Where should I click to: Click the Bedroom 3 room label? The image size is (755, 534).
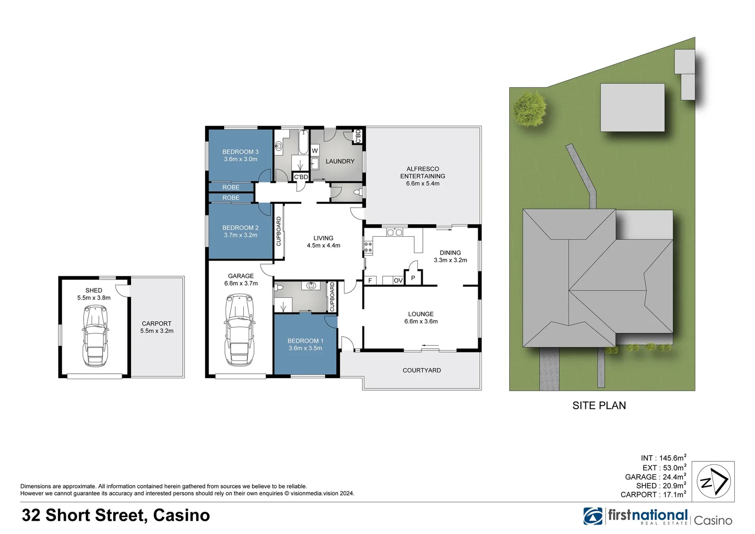[240, 152]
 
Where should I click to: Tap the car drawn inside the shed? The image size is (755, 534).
[95, 336]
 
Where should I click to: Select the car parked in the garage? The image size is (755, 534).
[240, 330]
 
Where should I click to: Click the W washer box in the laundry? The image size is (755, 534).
[314, 151]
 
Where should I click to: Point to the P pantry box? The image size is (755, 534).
[413, 278]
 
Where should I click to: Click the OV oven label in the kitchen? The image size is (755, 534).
[398, 280]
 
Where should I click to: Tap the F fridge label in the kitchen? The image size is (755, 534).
[370, 280]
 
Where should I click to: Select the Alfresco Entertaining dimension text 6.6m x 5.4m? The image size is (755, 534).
[423, 183]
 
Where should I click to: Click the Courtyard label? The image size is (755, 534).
[422, 370]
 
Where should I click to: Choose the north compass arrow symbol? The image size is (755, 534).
[713, 481]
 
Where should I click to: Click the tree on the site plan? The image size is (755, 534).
[530, 108]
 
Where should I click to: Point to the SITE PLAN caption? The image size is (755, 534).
[599, 405]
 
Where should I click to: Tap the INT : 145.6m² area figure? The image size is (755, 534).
[663, 458]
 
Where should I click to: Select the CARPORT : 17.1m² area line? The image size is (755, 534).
[653, 494]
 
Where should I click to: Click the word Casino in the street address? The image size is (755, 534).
[181, 515]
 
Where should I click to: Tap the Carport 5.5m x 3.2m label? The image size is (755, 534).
[157, 327]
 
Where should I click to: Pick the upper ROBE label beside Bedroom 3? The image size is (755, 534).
[231, 187]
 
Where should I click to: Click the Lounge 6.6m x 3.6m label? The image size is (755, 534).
[421, 317]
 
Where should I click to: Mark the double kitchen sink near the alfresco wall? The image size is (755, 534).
[395, 232]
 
